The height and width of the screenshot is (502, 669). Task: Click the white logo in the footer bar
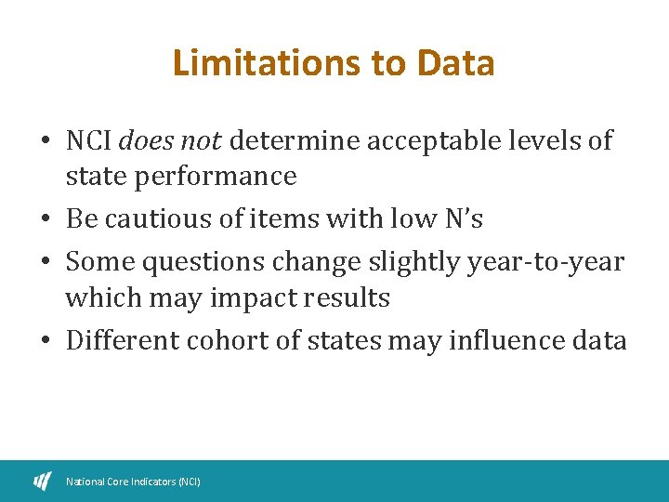(43, 481)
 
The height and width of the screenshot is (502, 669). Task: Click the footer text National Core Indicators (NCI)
(133, 482)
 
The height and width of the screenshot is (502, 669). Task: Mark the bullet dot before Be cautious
(46, 220)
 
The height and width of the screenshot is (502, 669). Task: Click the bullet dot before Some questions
(46, 263)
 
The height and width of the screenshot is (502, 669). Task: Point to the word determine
(295, 141)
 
